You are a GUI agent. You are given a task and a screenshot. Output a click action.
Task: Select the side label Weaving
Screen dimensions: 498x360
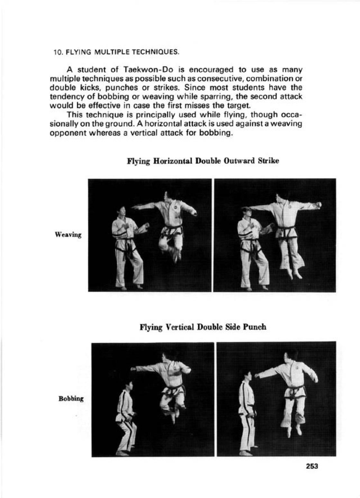[68, 235]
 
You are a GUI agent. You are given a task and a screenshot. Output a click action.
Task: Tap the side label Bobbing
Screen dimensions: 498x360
[71, 399]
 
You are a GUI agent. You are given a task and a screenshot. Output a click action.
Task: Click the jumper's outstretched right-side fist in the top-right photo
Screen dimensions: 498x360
[318, 205]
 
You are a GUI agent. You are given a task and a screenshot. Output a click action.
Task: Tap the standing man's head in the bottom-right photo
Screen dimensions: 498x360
[247, 377]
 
